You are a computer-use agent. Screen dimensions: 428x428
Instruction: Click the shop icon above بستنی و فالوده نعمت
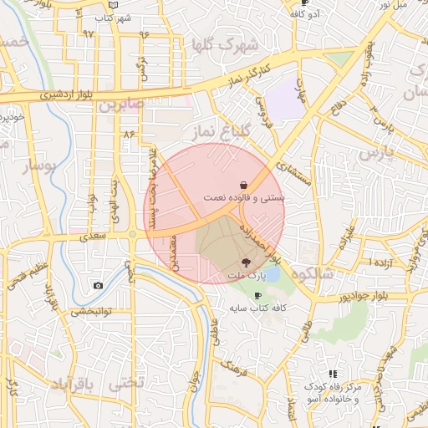click(242, 185)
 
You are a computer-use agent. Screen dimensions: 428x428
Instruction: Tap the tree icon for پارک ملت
click(245, 262)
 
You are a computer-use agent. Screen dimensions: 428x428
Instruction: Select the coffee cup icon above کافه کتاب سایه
click(257, 295)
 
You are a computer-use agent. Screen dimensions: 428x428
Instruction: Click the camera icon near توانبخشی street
click(99, 286)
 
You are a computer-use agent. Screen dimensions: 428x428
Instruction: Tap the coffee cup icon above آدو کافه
click(304, 3)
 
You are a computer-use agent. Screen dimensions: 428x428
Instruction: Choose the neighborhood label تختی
click(127, 383)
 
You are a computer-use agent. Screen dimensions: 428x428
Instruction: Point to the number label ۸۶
click(128, 134)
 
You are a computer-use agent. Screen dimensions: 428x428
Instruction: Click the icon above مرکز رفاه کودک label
click(333, 374)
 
